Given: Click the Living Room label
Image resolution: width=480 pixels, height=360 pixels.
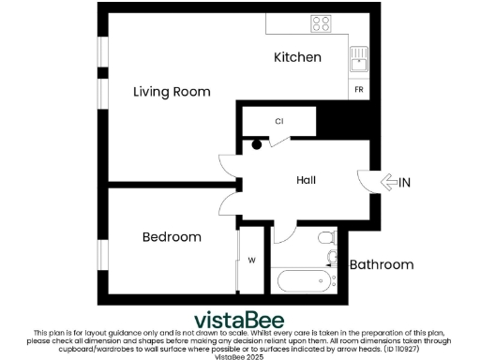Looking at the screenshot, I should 172,92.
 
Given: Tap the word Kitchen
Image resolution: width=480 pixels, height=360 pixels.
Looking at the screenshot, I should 297,58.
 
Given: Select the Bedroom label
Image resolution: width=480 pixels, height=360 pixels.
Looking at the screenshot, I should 172,237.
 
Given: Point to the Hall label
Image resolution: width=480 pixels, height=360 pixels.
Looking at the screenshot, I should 306,180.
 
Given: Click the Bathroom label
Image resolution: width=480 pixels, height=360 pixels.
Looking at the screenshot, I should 382,265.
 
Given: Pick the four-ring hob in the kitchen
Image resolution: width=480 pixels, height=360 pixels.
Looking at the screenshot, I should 322,24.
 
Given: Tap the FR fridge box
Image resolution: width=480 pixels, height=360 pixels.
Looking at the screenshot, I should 359,90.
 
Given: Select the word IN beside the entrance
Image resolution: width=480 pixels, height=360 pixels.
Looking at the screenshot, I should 405,182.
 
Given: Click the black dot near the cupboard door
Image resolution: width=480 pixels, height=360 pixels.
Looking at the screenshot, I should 257,144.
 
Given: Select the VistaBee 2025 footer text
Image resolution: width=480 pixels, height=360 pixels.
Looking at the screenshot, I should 240,356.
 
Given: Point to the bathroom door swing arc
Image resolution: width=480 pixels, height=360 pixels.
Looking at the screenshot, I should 284,234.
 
